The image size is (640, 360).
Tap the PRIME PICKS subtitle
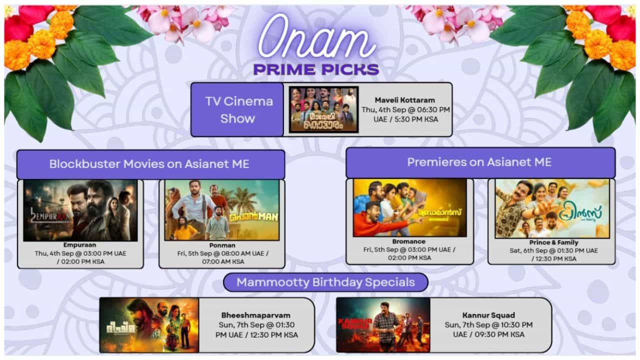click(x=316, y=69)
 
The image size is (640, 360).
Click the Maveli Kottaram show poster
click(x=323, y=109)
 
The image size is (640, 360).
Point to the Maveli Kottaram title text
click(x=405, y=100)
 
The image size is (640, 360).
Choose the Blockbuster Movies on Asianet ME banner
click(x=150, y=164)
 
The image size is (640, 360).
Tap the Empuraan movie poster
click(x=80, y=210)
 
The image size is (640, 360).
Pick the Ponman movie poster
click(x=222, y=210)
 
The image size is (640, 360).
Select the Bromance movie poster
click(x=409, y=207)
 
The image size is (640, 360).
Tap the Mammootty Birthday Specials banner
click(x=325, y=282)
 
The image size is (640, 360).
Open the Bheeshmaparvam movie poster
click(x=149, y=325)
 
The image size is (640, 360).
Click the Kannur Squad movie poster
click(x=383, y=325)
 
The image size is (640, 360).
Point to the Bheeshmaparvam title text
click(x=256, y=315)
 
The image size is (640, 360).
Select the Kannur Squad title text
click(x=488, y=315)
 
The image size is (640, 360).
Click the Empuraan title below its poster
click(x=80, y=245)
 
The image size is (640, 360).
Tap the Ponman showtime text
click(x=222, y=257)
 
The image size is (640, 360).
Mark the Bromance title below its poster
click(x=409, y=241)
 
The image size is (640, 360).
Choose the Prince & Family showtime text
click(x=552, y=254)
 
